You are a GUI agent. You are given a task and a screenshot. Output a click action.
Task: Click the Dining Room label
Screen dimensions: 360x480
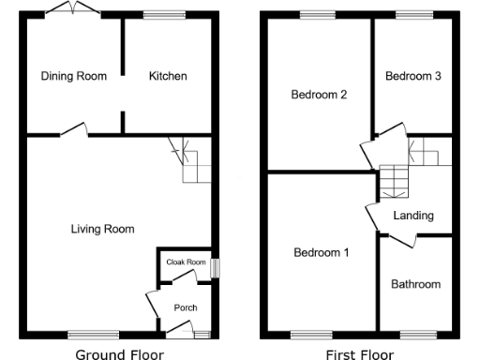(x=73, y=76)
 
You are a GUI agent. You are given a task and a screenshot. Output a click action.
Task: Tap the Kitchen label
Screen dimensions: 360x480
(x=168, y=76)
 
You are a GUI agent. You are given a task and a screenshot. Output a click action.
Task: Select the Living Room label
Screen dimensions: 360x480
(x=104, y=229)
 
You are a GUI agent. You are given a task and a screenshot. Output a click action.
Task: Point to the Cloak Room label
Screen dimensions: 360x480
(x=186, y=262)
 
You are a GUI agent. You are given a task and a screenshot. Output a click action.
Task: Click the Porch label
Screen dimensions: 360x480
(x=185, y=307)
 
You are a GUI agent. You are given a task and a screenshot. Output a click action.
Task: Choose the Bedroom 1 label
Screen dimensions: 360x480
(x=321, y=252)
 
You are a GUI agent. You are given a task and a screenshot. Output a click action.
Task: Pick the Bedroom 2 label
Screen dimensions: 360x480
(x=319, y=95)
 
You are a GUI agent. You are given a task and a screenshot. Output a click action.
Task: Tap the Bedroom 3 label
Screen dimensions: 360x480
(x=412, y=76)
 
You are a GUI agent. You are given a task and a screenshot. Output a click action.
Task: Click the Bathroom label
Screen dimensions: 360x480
(x=415, y=284)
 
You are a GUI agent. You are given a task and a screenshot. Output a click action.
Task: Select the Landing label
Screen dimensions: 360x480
(x=413, y=216)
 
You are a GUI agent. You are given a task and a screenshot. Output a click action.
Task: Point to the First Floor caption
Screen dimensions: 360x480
(x=360, y=353)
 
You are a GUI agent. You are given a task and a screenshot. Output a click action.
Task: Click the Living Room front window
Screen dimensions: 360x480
(x=94, y=333)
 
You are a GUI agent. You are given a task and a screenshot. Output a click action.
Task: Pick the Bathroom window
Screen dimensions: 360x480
(x=414, y=333)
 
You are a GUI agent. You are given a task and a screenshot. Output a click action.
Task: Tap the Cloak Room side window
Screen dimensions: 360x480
(x=215, y=267)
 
